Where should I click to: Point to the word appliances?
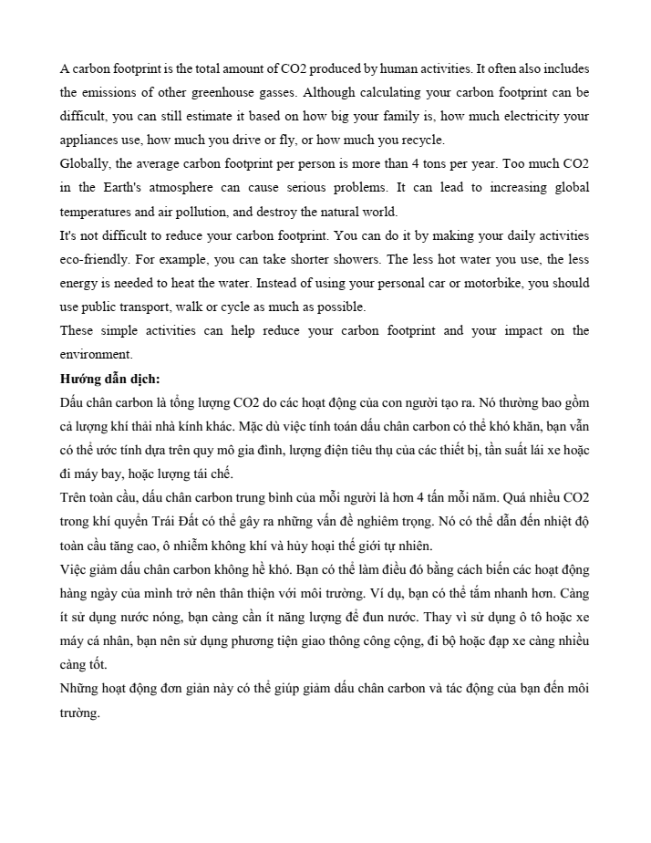pos(89,140)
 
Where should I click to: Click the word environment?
pos(96,354)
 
